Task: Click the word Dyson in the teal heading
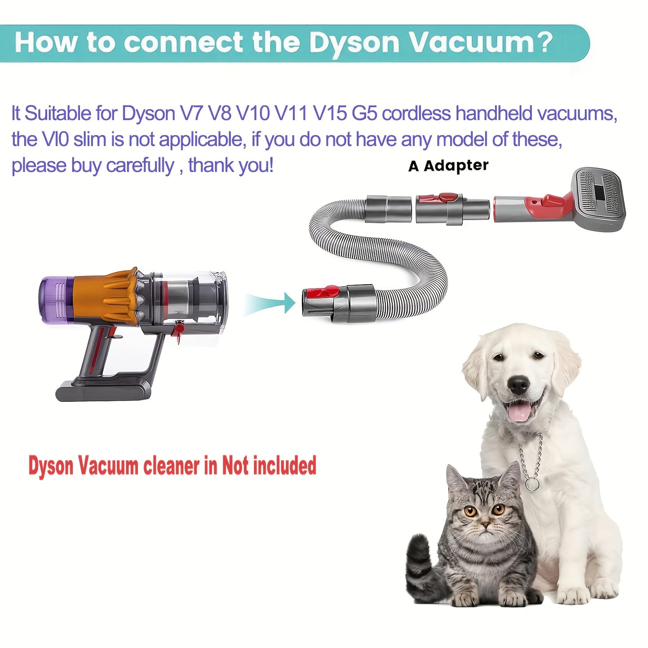pyautogui.click(x=353, y=43)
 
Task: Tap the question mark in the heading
pyautogui.click(x=544, y=42)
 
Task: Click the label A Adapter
pyautogui.click(x=448, y=165)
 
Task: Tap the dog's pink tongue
pyautogui.click(x=518, y=413)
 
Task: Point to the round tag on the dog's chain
pyautogui.click(x=532, y=485)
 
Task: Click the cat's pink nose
pyautogui.click(x=485, y=524)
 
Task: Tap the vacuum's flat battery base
pyautogui.click(x=101, y=391)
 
